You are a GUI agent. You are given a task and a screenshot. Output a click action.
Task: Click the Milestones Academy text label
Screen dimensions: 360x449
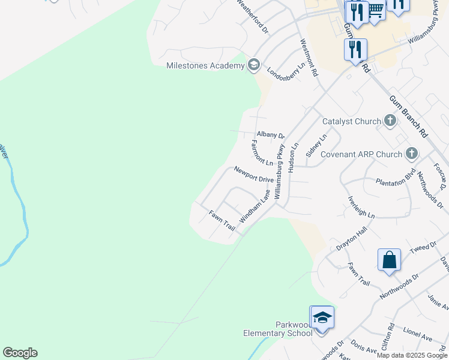[x=205, y=65]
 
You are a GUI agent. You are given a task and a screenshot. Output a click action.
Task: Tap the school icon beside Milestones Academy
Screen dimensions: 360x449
[x=253, y=65]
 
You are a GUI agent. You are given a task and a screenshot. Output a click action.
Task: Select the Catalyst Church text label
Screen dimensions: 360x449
[x=351, y=121]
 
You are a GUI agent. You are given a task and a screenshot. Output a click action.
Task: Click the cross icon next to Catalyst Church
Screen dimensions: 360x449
[x=390, y=121]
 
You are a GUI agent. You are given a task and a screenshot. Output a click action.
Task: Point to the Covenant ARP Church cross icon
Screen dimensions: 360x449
[x=412, y=154]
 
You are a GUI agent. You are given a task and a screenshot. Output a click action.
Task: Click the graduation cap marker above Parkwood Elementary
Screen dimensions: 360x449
[x=322, y=317]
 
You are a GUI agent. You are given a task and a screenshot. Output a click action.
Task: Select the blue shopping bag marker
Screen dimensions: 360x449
[x=390, y=260]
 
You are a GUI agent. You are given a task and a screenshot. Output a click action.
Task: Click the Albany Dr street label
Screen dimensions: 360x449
[x=270, y=136]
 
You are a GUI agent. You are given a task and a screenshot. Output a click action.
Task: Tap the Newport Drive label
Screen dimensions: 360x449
[x=253, y=175]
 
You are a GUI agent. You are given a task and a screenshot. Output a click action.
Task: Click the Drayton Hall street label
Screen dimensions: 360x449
[x=351, y=239]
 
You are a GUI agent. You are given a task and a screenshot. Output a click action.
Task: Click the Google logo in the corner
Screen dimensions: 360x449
[x=20, y=353]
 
